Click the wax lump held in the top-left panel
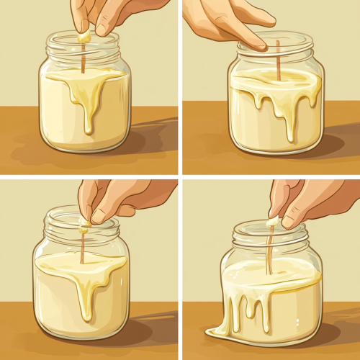tap(85, 35)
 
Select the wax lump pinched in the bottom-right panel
tap(273, 222)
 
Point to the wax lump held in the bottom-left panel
tap(85, 225)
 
